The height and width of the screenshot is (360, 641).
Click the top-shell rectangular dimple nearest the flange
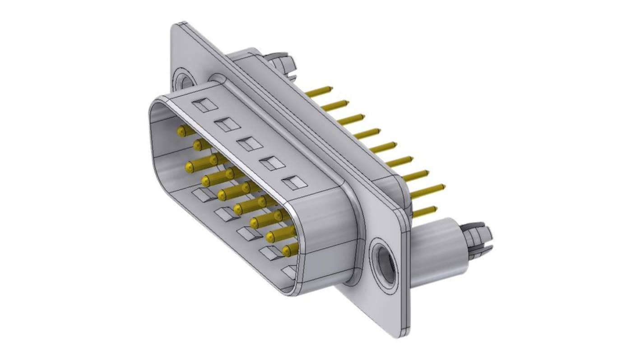point(294,183)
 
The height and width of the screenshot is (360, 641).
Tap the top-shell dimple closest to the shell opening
point(204,105)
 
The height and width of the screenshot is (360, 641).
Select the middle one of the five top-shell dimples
point(250,143)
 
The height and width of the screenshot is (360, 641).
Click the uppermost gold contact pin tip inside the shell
point(181,131)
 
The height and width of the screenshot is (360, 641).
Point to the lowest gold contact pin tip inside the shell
point(286,250)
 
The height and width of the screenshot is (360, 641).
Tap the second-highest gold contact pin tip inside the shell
point(198,145)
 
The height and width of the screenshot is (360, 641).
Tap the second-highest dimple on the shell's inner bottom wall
point(226,214)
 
